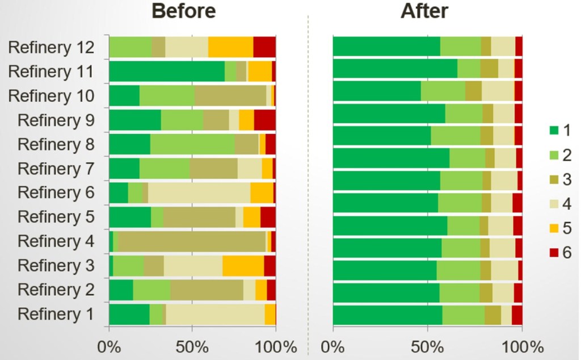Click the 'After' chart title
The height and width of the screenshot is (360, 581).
point(424,11)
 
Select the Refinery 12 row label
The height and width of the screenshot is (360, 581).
point(50,47)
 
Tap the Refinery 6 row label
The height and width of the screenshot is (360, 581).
point(56,192)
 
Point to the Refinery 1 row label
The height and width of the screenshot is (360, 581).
point(56,313)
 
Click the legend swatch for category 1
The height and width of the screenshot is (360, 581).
point(553,131)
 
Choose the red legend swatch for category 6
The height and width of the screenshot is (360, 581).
point(553,253)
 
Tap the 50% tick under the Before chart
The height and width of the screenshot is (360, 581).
point(192,346)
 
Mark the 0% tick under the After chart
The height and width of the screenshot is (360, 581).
point(333,346)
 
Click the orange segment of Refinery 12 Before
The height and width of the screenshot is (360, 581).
point(230,47)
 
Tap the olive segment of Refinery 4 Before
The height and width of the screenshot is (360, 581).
point(192,241)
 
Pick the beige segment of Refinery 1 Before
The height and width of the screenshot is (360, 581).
point(215,313)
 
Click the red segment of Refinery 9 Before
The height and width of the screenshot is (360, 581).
point(264,120)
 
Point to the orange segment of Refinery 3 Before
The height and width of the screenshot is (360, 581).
point(243,265)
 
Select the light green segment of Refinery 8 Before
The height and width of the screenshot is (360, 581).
point(192,144)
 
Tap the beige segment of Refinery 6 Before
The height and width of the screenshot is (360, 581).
point(199,192)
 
